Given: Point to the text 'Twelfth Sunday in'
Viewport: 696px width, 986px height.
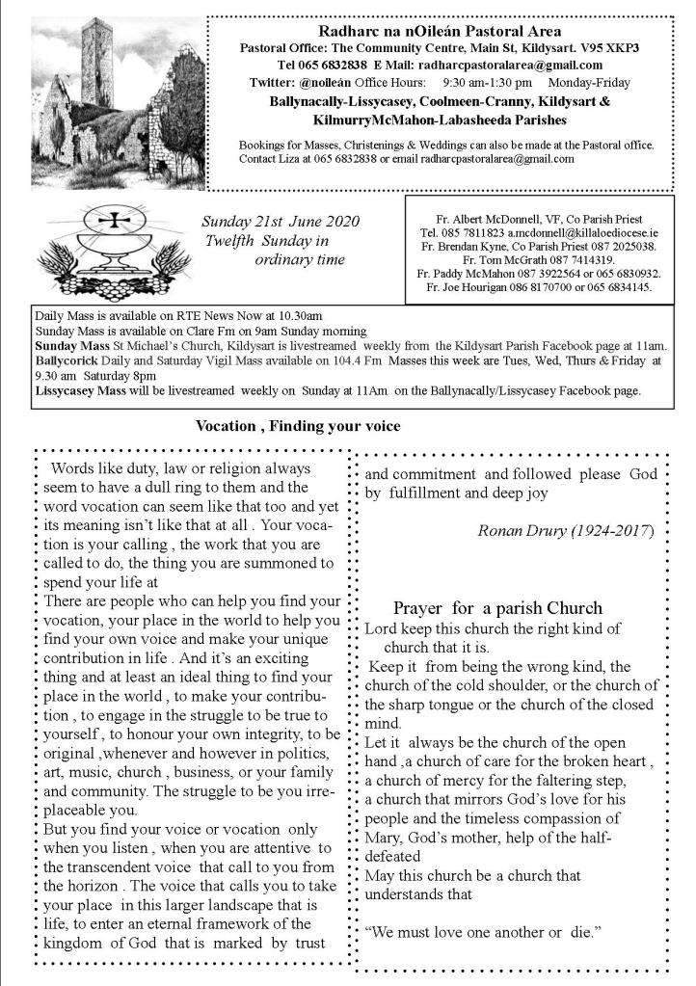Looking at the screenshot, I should pyautogui.click(x=267, y=241).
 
